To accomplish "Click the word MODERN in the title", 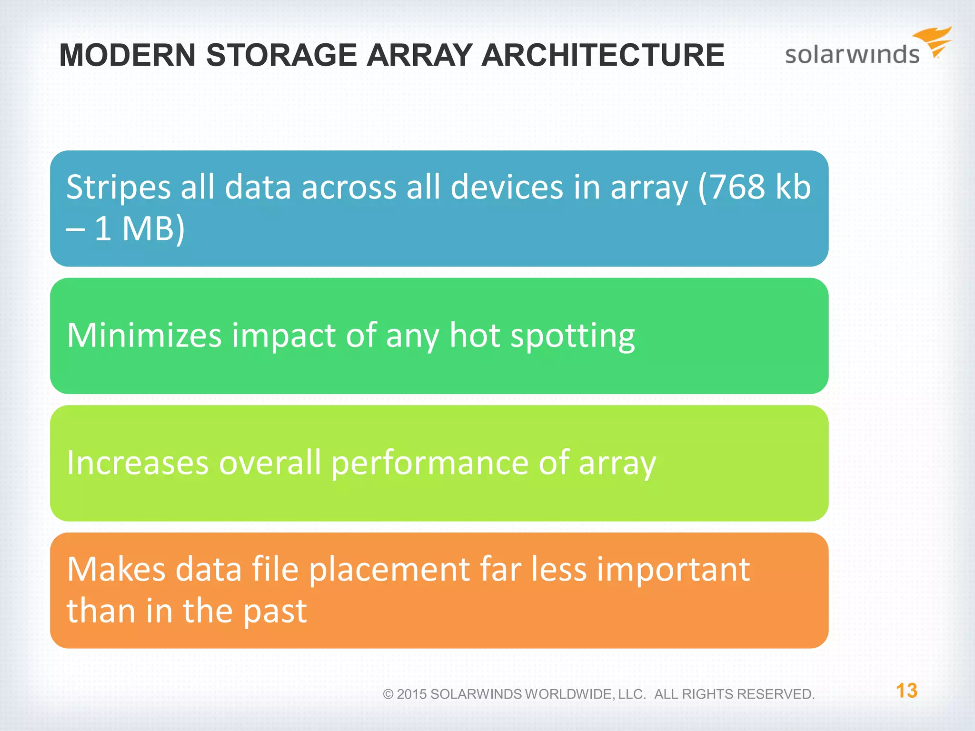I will [127, 55].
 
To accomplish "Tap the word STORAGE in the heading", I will [281, 55].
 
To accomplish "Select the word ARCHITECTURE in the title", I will [602, 55].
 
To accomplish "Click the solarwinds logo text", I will [852, 55].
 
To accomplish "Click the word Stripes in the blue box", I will [118, 188].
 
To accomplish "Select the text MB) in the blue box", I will [153, 229].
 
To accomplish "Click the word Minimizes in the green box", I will [144, 336].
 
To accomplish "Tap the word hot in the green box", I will [475, 336].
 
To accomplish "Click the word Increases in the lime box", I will [138, 463].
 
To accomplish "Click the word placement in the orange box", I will [389, 570].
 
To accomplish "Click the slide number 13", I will [906, 691].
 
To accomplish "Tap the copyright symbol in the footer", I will [388, 694].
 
